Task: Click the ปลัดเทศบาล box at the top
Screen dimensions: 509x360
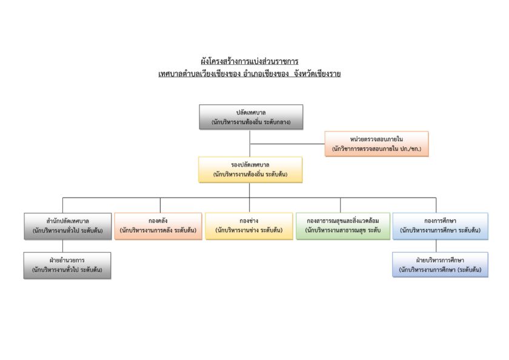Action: click(x=251, y=117)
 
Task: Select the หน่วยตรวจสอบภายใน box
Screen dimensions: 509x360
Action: click(x=376, y=144)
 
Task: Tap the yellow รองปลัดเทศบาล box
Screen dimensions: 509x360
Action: click(x=250, y=170)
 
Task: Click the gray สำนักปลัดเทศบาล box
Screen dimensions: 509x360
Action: click(x=67, y=226)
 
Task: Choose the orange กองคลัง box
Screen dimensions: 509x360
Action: click(x=158, y=226)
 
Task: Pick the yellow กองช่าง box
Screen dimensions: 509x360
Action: click(x=249, y=226)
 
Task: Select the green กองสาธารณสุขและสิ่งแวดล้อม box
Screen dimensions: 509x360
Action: click(x=343, y=226)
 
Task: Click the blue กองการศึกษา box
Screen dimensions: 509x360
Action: click(x=440, y=226)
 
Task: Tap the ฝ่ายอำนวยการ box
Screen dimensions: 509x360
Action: click(x=67, y=265)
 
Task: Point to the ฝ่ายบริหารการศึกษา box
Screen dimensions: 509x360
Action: click(x=440, y=265)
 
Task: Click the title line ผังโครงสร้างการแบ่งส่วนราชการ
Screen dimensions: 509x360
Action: click(x=249, y=61)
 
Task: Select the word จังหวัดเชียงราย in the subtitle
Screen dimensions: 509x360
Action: click(x=317, y=74)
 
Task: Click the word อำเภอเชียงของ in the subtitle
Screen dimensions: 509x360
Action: click(x=266, y=74)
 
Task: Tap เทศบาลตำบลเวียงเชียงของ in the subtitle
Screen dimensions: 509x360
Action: click(x=199, y=74)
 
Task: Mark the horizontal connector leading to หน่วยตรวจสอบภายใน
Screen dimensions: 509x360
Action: click(x=287, y=144)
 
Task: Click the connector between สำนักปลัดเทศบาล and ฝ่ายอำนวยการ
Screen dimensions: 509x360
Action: click(x=62, y=246)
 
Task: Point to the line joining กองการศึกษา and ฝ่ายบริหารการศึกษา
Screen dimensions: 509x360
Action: click(x=436, y=246)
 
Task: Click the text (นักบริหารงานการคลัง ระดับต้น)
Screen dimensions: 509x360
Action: click(x=158, y=230)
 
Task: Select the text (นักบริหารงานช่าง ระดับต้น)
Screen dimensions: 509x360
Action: click(x=249, y=230)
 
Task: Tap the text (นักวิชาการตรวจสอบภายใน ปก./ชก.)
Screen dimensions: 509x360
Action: click(x=376, y=148)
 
